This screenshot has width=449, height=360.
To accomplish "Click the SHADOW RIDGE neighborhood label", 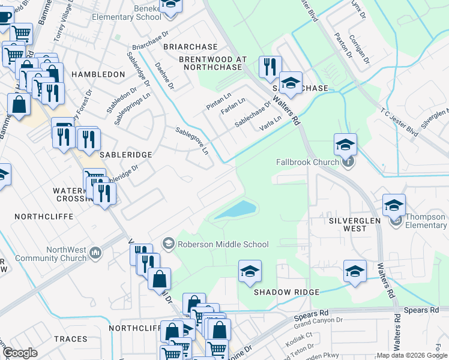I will pos(286,292).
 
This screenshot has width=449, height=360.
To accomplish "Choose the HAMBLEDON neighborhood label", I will pos(98,74).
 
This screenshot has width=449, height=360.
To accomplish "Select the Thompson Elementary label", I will pos(425,221).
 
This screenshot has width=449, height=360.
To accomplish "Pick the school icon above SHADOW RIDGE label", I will pos(250,271).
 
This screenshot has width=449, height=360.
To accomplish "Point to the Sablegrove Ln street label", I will pos(193,140).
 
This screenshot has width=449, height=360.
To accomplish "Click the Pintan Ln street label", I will pos(218,100).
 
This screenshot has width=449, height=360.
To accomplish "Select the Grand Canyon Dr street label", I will pos(318,328).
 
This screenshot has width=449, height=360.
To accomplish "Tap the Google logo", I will pos(20,352).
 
